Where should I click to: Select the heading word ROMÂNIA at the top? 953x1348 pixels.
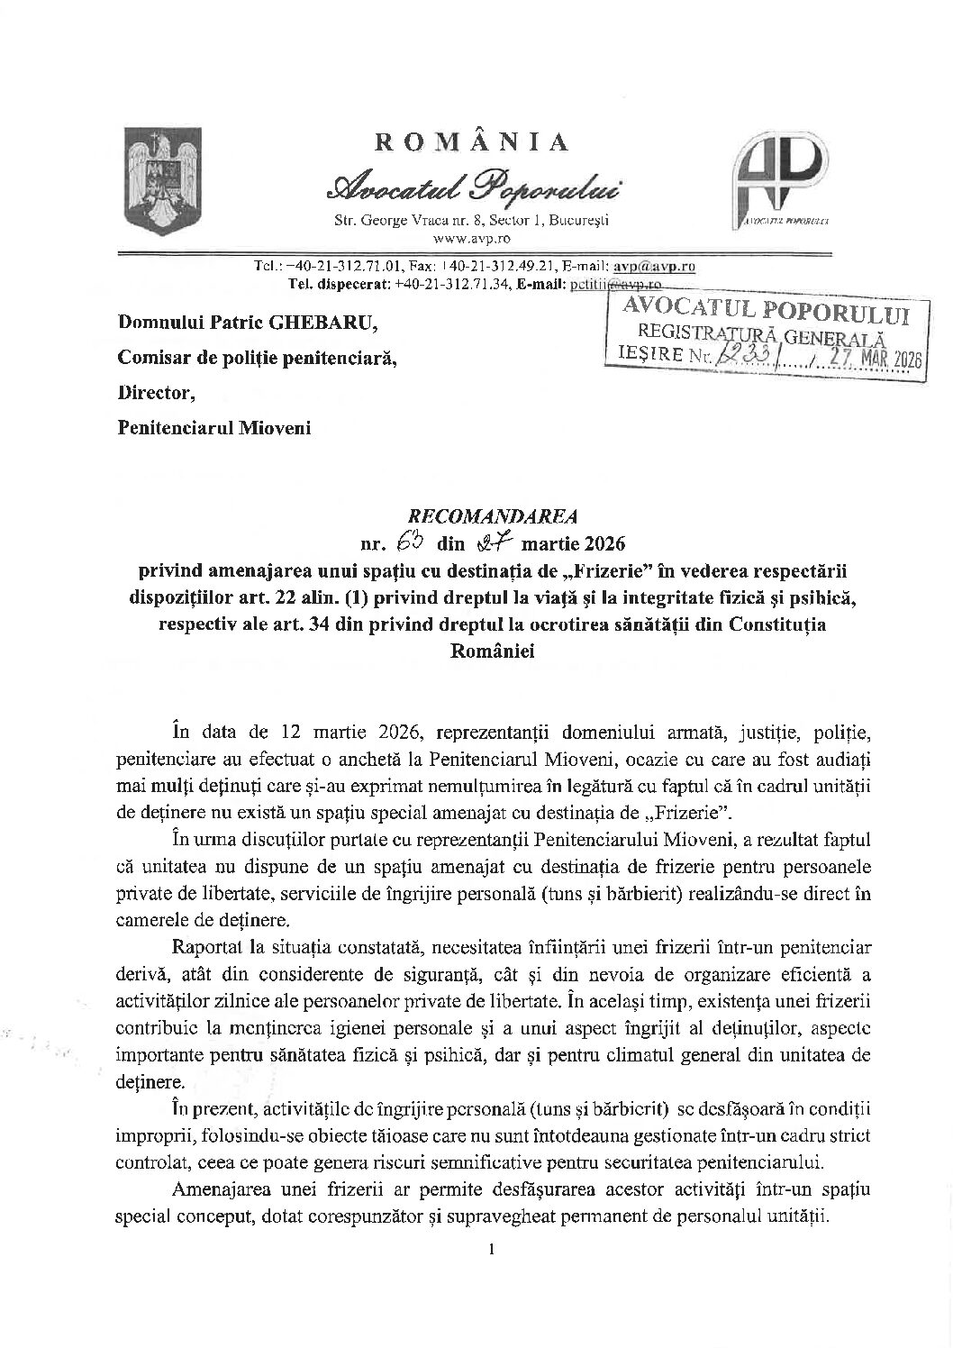tap(471, 142)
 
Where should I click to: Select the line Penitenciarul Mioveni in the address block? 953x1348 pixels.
tap(214, 428)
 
